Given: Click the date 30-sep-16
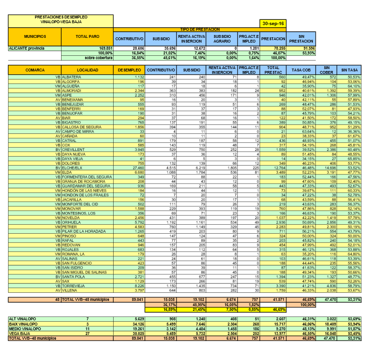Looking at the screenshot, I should pyautogui.click(x=273, y=24).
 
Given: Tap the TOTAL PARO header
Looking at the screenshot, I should pyautogui.click(x=87, y=36).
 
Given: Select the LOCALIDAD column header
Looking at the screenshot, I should pyautogui.click(x=87, y=70).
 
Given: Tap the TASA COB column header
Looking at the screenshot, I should pyautogui.click(x=301, y=70).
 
